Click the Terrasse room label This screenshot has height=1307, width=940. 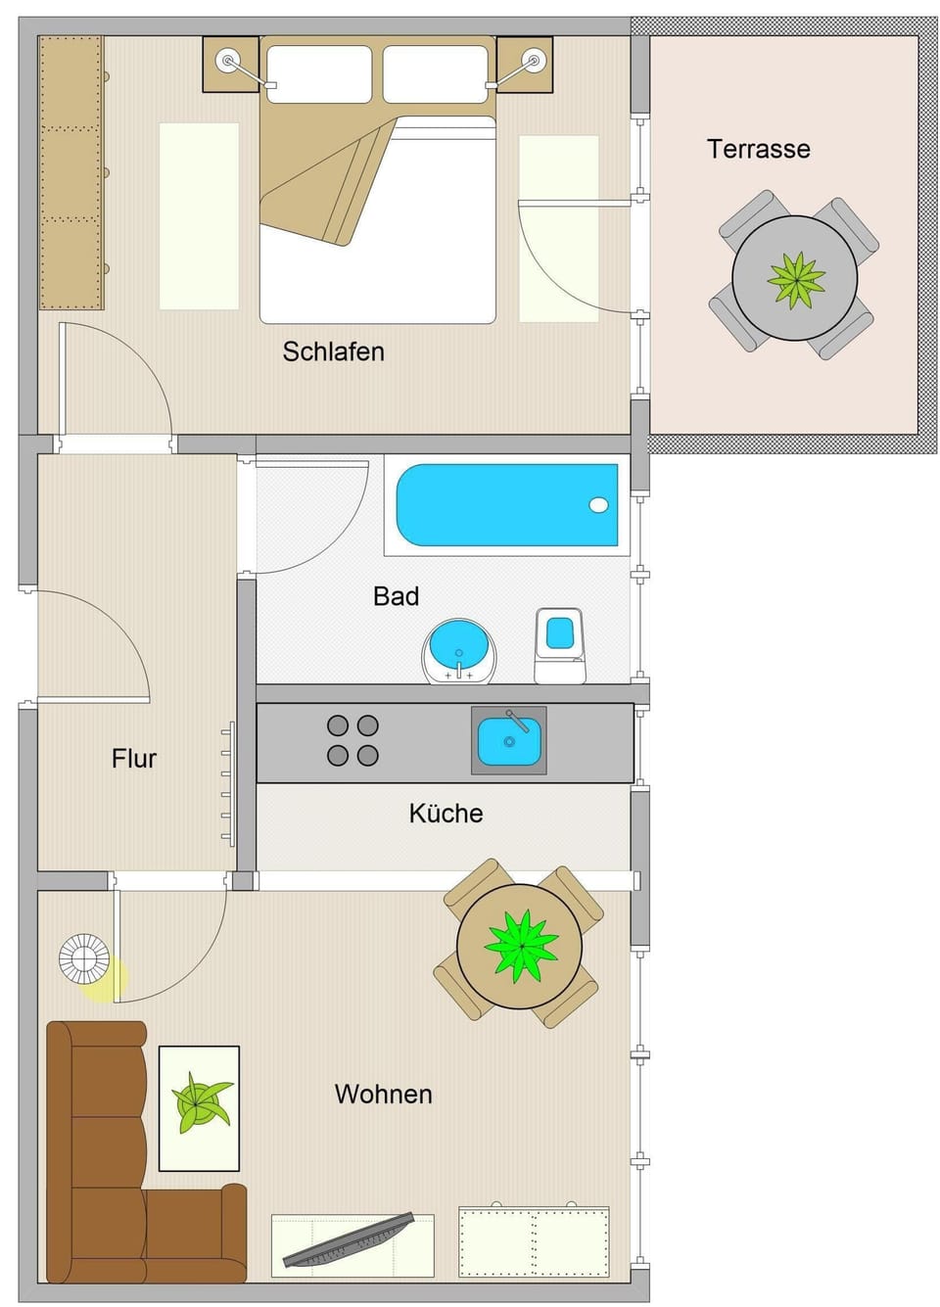[758, 149]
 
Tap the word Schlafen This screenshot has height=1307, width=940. [333, 351]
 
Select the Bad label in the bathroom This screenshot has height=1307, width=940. [396, 596]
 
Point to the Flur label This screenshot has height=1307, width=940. [134, 759]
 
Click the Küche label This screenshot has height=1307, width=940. [446, 814]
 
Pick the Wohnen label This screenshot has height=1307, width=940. [383, 1094]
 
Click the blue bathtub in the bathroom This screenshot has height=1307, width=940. [506, 505]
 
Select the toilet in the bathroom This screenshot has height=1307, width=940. [559, 644]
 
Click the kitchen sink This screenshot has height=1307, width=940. [508, 740]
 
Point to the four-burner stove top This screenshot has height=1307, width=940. [352, 740]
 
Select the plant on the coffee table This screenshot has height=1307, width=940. [200, 1103]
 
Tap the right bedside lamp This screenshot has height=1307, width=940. [534, 61]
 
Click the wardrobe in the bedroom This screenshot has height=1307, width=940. [70, 172]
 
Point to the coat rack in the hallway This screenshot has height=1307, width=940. [228, 783]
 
